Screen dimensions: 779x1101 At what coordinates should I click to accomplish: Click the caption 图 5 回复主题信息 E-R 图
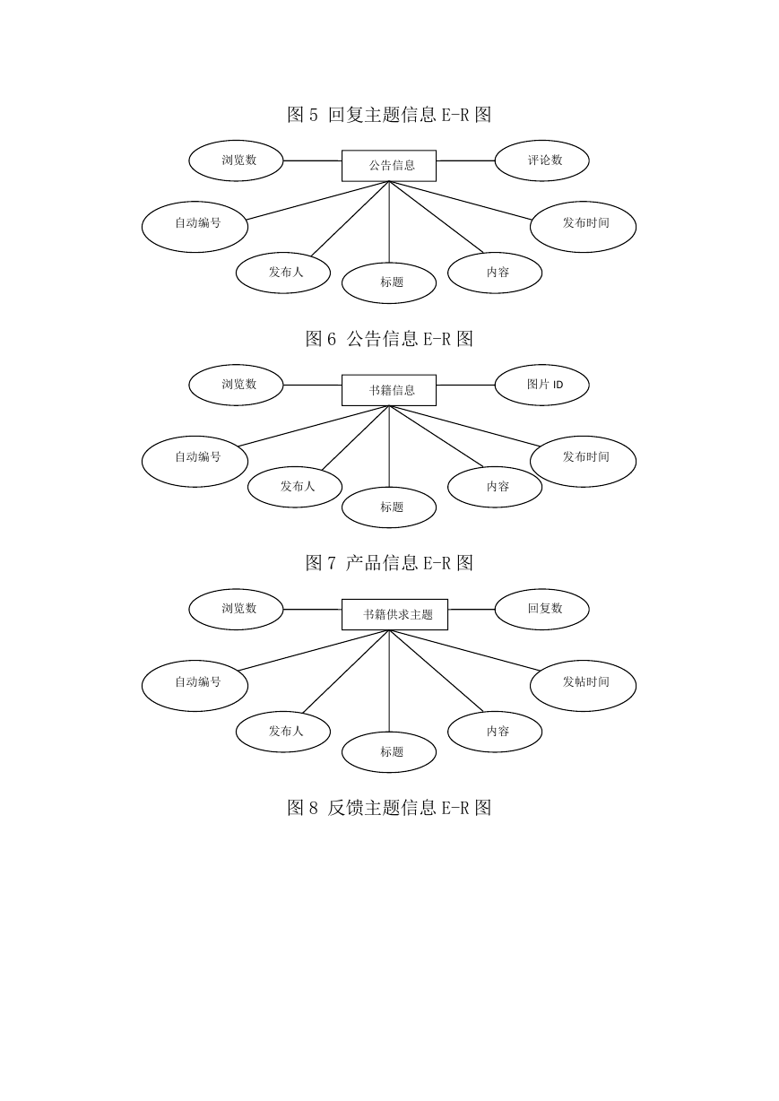click(x=389, y=115)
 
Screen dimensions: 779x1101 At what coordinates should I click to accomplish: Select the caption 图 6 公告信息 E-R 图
click(x=389, y=339)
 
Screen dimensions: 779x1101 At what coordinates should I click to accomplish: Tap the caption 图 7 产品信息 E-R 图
click(x=389, y=563)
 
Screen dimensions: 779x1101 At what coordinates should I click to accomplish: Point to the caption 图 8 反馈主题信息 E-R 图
click(x=389, y=808)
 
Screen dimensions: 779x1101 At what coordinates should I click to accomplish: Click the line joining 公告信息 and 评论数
click(x=465, y=160)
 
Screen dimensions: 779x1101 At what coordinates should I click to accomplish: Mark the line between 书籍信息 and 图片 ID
click(x=465, y=385)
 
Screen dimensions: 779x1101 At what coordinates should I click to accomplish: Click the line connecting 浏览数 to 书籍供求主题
click(x=313, y=610)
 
